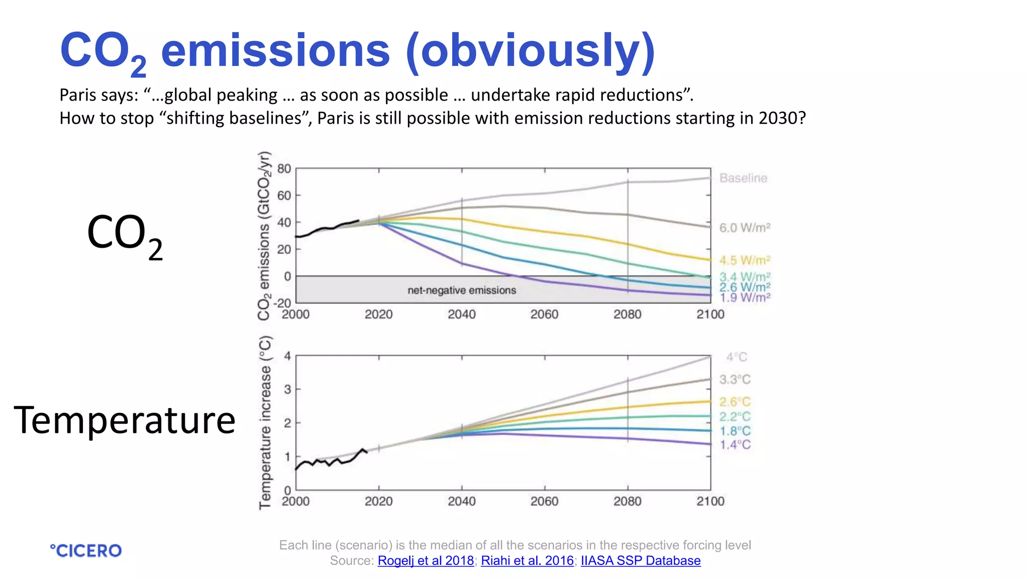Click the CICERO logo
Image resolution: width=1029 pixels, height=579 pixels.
[86, 550]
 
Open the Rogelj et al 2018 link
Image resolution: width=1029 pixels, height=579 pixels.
[426, 560]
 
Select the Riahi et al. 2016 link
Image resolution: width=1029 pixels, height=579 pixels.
[527, 560]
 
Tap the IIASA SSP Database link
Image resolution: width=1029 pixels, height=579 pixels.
[641, 560]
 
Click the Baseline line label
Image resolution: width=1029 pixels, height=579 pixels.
[743, 178]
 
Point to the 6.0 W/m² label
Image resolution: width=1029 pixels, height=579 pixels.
[745, 228]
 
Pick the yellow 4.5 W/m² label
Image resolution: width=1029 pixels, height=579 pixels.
[745, 260]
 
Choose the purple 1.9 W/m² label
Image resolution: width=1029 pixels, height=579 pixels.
[745, 298]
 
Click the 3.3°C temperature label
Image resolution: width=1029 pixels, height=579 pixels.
[735, 379]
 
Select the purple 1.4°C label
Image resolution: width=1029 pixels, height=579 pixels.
[735, 445]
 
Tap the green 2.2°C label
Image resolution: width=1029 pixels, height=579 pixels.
[735, 417]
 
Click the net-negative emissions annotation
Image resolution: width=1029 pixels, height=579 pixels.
[462, 291]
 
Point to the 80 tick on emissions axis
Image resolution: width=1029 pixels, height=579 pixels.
[284, 169]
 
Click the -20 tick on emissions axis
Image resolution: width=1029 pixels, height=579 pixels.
[282, 303]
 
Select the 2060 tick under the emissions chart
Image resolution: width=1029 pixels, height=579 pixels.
[545, 315]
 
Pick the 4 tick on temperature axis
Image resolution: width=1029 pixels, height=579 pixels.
[287, 356]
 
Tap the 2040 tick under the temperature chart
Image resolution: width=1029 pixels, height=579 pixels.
[462, 501]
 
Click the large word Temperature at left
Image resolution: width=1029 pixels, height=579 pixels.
[125, 420]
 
